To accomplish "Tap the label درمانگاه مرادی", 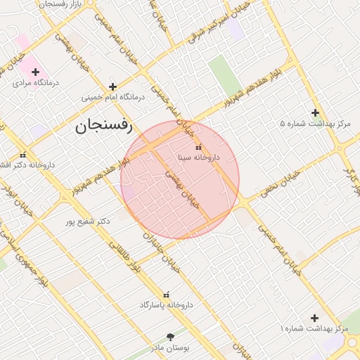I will click(37, 82).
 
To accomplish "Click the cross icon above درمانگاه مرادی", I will click(35, 72).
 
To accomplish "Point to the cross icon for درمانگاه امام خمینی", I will click(112, 86).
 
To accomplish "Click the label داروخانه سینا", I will click(198, 157).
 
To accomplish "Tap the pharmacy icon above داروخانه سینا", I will click(198, 148).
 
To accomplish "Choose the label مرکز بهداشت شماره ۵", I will click(315, 123).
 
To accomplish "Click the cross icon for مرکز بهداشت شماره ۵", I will click(315, 112).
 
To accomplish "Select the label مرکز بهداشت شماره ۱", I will click(314, 328).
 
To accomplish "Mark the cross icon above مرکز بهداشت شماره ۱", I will click(314, 318).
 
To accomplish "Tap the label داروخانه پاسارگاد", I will click(166, 304).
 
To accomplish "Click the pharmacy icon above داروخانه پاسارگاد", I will click(166, 295).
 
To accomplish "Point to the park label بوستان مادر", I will click(169, 347).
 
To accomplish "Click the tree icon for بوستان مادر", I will click(169, 337).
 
